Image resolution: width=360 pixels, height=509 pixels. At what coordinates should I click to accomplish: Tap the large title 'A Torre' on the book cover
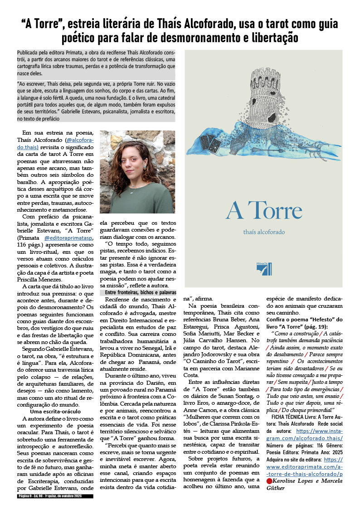(x=263, y=210)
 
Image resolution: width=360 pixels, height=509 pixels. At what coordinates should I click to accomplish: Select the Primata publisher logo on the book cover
(x=263, y=268)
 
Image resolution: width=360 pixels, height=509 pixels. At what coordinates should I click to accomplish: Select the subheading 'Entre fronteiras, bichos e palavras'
(x=138, y=293)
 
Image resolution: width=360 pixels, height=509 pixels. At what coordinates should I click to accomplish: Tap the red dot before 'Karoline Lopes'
(x=269, y=480)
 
